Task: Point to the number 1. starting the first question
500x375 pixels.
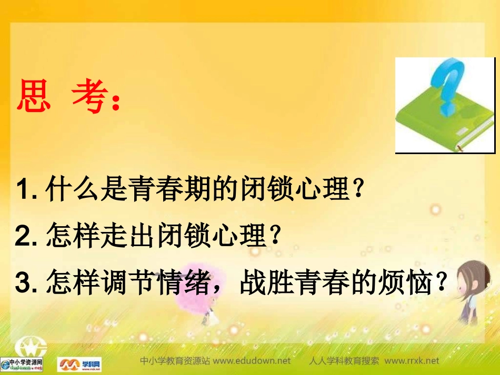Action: click(26, 189)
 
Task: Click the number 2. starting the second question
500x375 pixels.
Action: click(26, 237)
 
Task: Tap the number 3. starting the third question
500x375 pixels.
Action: click(26, 285)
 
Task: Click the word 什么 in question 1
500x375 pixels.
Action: click(73, 189)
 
